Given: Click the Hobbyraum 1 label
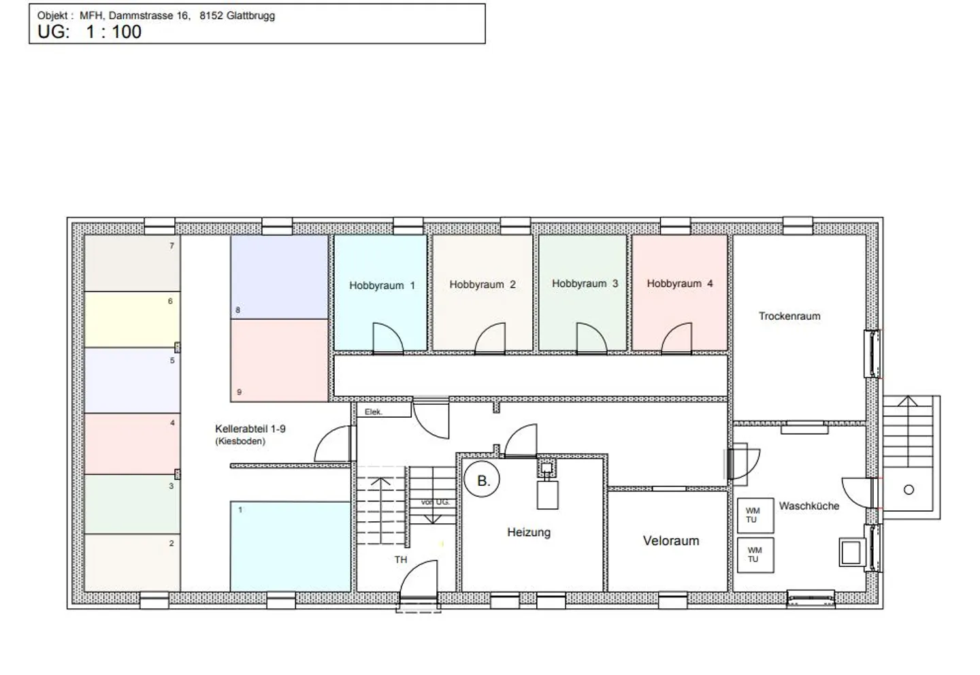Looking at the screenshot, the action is click(382, 286).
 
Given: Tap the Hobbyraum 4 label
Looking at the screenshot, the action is click(679, 284).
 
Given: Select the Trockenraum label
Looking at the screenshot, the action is click(789, 316).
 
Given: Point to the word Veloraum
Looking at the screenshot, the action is click(671, 541).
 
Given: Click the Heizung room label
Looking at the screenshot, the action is click(529, 532).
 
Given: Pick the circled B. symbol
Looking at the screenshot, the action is click(482, 480).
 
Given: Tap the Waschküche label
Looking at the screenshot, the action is click(809, 506).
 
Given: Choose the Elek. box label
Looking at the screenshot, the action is click(373, 412).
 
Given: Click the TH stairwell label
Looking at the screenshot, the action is click(400, 559).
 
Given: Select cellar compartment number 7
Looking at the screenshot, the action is click(132, 263).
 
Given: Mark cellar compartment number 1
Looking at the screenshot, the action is click(290, 546).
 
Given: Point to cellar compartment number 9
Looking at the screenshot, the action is click(279, 361).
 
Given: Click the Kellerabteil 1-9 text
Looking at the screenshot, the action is click(250, 429).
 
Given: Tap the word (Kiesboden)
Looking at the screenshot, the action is click(240, 442).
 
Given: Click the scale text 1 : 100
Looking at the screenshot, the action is click(113, 32).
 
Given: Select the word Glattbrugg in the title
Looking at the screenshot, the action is click(250, 16).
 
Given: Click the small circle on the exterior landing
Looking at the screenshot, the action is click(909, 489).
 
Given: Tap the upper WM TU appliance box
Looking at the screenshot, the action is click(755, 515).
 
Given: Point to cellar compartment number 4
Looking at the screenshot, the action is click(132, 444).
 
